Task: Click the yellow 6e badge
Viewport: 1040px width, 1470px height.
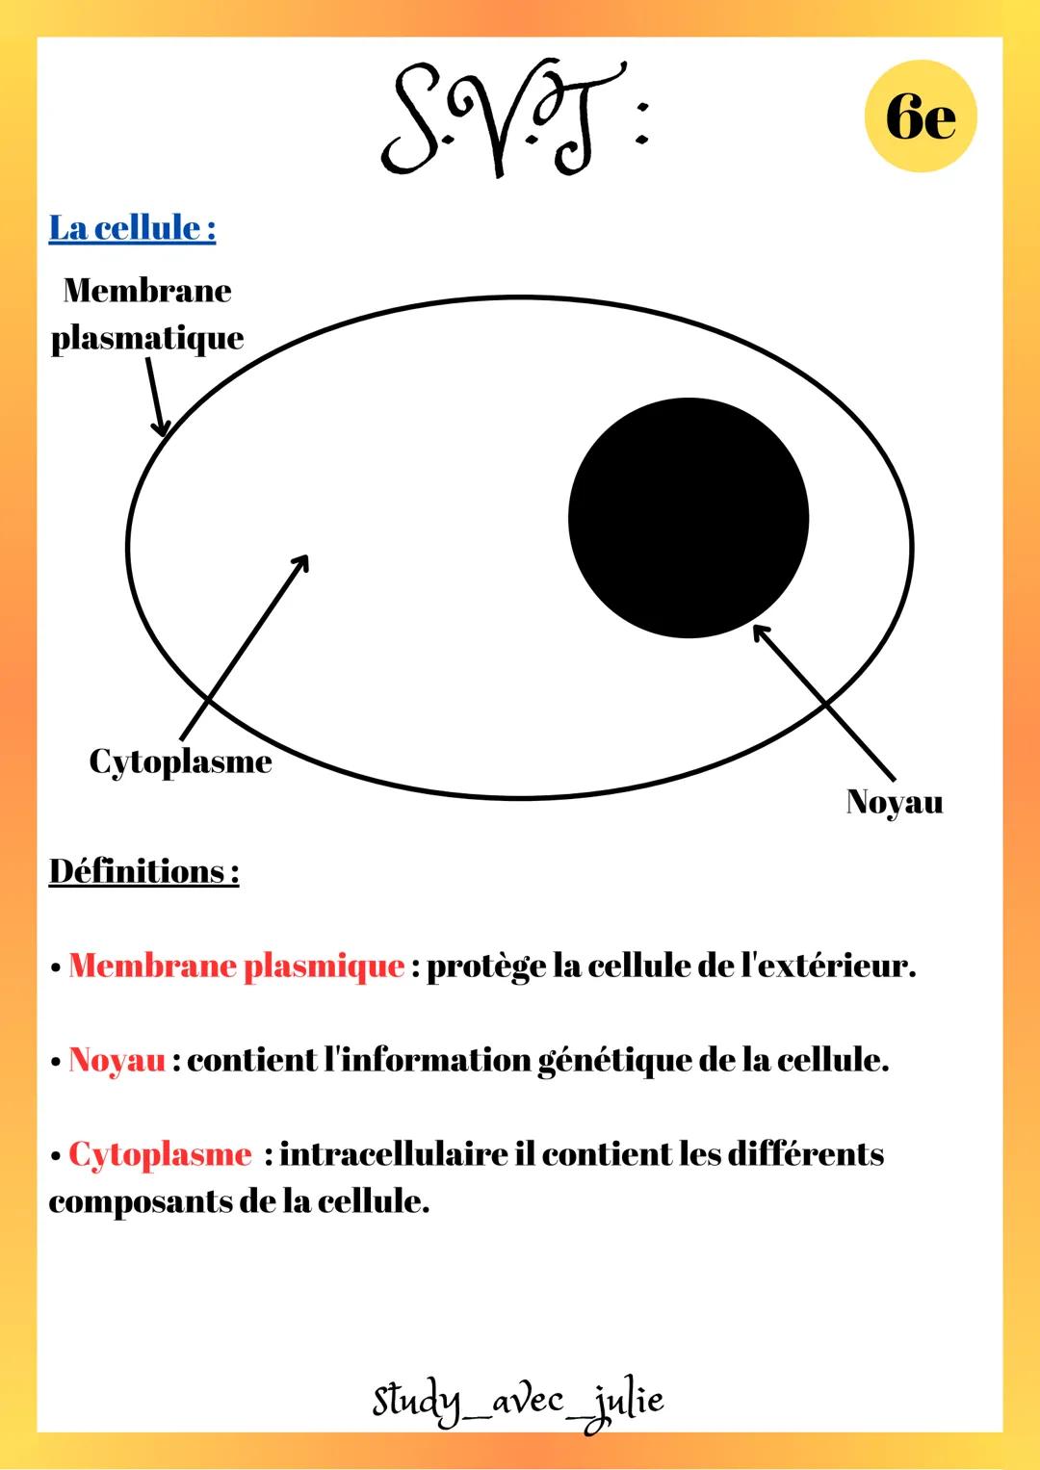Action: point(921,116)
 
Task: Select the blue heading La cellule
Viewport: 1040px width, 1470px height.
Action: point(133,228)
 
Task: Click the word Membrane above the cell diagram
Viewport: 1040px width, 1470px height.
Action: point(147,290)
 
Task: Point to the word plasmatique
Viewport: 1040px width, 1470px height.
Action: point(147,339)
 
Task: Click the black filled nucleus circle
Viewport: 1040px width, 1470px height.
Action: point(689,518)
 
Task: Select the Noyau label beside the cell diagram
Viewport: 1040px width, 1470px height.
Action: point(895,802)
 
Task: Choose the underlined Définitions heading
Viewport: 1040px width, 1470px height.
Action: point(143,871)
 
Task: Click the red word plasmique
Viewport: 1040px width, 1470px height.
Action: point(324,967)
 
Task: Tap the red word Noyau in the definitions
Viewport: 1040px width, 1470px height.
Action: point(117,1061)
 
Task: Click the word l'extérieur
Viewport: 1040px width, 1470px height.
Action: point(828,966)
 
